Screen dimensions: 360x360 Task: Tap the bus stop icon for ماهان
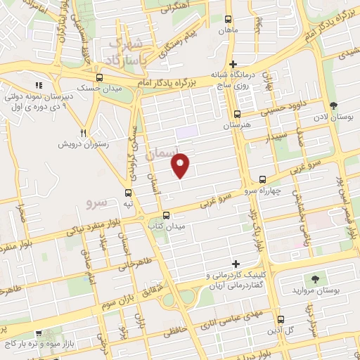(227, 20)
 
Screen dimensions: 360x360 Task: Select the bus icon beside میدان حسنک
(99, 78)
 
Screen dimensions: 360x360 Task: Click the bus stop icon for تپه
(127, 192)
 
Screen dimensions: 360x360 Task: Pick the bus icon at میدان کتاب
(166, 215)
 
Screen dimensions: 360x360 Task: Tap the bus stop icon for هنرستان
(238, 114)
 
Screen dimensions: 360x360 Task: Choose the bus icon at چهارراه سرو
(262, 180)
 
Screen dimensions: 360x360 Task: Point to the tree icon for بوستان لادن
(333, 105)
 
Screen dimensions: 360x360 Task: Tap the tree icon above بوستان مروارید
(314, 280)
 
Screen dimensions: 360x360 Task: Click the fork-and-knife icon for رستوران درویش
(84, 132)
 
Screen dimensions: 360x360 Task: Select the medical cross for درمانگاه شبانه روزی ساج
(233, 64)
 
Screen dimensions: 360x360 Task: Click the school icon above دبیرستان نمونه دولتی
(39, 85)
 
